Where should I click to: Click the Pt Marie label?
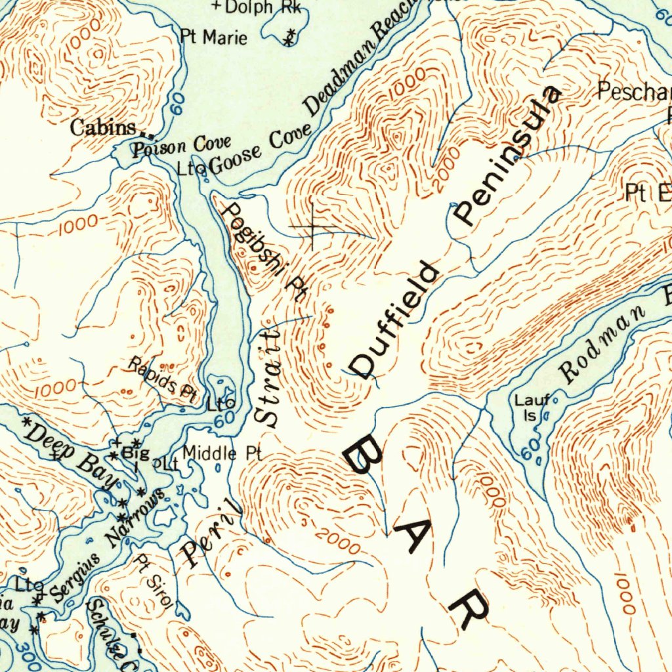click(x=214, y=37)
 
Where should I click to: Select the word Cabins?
click(x=103, y=127)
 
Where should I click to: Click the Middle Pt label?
click(x=222, y=453)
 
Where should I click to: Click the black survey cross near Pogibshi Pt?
click(x=312, y=228)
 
